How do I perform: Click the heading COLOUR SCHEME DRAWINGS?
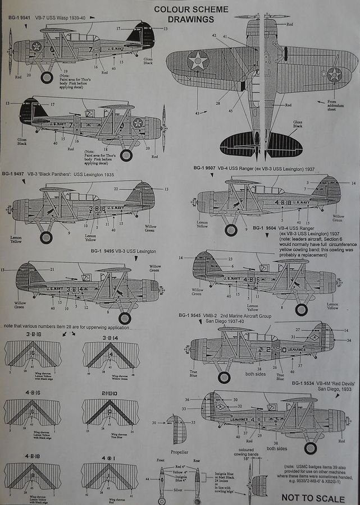click(x=184, y=15)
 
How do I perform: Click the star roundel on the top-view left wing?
click(x=198, y=61)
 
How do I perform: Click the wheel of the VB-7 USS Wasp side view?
click(x=47, y=77)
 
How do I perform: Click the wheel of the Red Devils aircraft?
click(x=309, y=448)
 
